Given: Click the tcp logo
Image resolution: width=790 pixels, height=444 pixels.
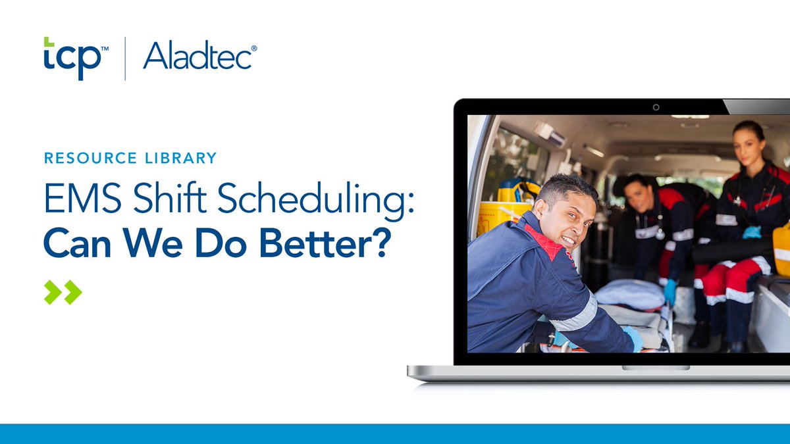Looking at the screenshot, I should pos(72,58).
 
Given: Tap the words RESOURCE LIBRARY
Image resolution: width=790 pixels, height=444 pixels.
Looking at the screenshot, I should pos(130,158).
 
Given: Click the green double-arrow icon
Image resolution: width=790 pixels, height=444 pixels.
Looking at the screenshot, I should pos(63,292).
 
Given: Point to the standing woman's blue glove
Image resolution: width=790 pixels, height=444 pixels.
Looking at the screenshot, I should pos(751,232).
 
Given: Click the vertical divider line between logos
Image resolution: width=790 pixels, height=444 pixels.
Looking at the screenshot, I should pos(125,59).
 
